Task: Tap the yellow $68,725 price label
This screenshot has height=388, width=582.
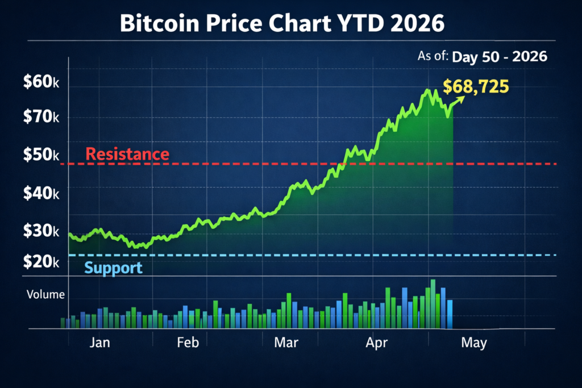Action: pos(476,86)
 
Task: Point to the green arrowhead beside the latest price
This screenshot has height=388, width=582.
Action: pos(461,98)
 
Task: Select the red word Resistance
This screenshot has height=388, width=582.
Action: pos(127,154)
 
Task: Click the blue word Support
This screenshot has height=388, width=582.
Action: pos(113,268)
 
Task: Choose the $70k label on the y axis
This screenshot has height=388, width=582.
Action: pos(41,118)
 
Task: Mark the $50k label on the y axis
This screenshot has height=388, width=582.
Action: pos(41,155)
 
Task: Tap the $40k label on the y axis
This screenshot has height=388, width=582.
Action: pos(41,193)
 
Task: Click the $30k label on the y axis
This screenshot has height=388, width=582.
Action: pos(41,231)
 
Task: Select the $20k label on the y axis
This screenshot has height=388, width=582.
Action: pos(41,261)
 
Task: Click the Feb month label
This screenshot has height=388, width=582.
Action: pos(188,343)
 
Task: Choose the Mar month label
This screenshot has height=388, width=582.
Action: pos(286,343)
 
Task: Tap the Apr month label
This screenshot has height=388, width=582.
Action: pos(377,343)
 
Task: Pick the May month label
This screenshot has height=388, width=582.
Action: pos(473,343)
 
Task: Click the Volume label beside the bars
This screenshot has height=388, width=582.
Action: pos(45,295)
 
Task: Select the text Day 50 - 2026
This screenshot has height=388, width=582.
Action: pos(499,57)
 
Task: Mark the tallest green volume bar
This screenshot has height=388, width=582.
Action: pos(433,304)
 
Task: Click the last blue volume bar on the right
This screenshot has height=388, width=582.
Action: pos(450,314)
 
